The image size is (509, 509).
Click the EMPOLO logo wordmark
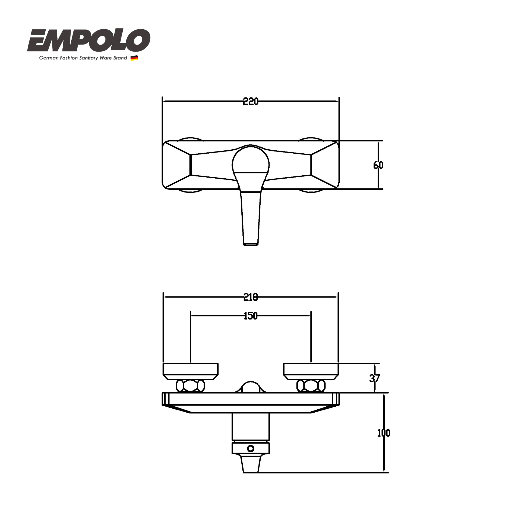click(88, 40)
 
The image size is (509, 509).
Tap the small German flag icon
click(134, 58)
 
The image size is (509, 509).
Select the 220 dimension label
click(250, 102)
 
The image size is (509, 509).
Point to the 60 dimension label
click(378, 165)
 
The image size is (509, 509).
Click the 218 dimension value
click(250, 297)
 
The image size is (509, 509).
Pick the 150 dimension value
click(250, 316)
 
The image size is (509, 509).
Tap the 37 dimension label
click(374, 378)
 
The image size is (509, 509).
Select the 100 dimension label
click(384, 433)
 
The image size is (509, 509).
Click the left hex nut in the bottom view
click(190, 386)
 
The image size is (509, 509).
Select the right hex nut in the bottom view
click(311, 386)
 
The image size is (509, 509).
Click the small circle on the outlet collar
click(251, 448)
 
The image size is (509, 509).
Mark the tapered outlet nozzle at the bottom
click(251, 464)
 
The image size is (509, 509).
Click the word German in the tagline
click(47, 58)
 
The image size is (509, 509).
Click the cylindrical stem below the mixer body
click(251, 426)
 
